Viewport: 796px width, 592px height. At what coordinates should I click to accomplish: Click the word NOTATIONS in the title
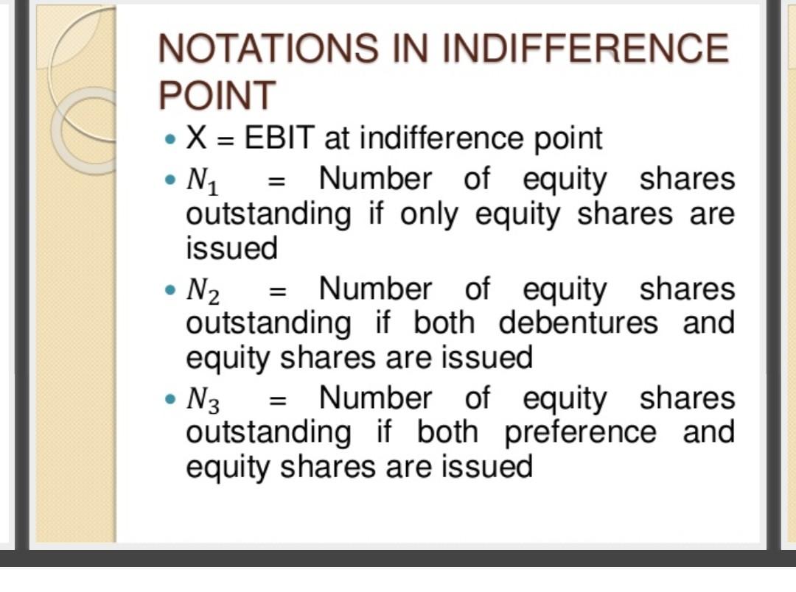pos(268,48)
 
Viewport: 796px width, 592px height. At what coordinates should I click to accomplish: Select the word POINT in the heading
pos(217,95)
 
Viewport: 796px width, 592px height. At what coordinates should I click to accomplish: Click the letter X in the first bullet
pos(197,137)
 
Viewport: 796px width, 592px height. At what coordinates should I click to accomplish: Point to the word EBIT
pos(279,137)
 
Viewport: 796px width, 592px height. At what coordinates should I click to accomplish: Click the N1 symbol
pos(202,180)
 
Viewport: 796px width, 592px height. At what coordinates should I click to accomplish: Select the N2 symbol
pos(203,291)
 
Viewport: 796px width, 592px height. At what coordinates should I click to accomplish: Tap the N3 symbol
pos(203,400)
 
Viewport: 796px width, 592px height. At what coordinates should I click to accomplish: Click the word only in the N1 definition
pos(429,215)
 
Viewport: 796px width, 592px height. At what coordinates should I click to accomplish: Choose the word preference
pos(580,433)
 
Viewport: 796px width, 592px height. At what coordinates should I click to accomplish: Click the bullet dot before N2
pos(170,290)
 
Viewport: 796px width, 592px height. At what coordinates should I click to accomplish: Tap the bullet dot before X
pos(170,138)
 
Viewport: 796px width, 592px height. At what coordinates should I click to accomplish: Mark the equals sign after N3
pos(277,401)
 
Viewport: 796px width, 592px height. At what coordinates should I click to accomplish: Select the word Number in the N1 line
pos(375,179)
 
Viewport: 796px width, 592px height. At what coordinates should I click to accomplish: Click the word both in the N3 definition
pos(447,432)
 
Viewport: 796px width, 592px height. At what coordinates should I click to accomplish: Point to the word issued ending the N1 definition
pos(231,248)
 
